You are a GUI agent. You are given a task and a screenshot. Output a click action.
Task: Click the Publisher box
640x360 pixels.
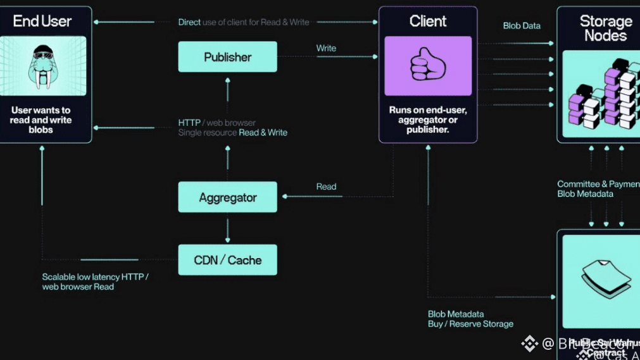(227, 57)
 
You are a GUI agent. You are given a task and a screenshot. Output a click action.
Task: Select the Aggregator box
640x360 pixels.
(227, 197)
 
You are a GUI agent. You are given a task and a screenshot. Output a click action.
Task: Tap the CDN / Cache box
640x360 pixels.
(227, 260)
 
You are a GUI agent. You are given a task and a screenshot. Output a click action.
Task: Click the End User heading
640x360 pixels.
(42, 21)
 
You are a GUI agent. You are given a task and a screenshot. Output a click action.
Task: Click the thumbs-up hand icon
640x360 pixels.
(427, 66)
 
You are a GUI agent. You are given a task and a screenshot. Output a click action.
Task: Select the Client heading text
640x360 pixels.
(428, 21)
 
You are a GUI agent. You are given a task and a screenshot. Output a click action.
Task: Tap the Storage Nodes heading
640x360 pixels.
(605, 28)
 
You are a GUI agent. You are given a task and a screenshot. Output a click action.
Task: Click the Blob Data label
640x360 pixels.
(522, 26)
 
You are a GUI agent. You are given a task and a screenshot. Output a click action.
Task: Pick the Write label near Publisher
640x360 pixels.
(326, 48)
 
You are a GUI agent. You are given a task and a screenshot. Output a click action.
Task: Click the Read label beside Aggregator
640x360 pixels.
(326, 187)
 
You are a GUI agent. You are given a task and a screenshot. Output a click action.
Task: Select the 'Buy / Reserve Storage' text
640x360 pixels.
(470, 324)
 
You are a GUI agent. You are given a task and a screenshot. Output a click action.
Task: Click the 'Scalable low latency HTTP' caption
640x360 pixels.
(95, 277)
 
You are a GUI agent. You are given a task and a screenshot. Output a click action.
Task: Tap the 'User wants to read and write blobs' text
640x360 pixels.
(41, 120)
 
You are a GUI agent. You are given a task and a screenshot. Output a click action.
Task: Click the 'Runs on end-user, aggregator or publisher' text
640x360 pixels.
(428, 120)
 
